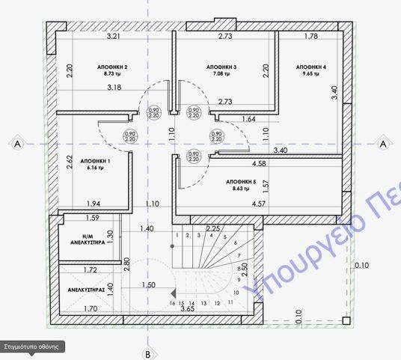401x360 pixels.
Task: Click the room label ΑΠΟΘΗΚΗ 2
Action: coord(112,67)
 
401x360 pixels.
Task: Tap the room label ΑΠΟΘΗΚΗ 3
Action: coord(221,67)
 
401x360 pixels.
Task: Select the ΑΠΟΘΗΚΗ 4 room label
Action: coord(311,67)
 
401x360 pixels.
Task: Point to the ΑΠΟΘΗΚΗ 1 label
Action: coord(95,161)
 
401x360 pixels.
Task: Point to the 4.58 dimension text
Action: coord(260,163)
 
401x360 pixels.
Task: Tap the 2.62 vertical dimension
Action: coord(69,162)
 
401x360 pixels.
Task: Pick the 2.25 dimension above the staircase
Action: coord(212,228)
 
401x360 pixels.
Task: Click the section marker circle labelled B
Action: coord(148,353)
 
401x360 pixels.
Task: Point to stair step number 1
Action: coord(177,236)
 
